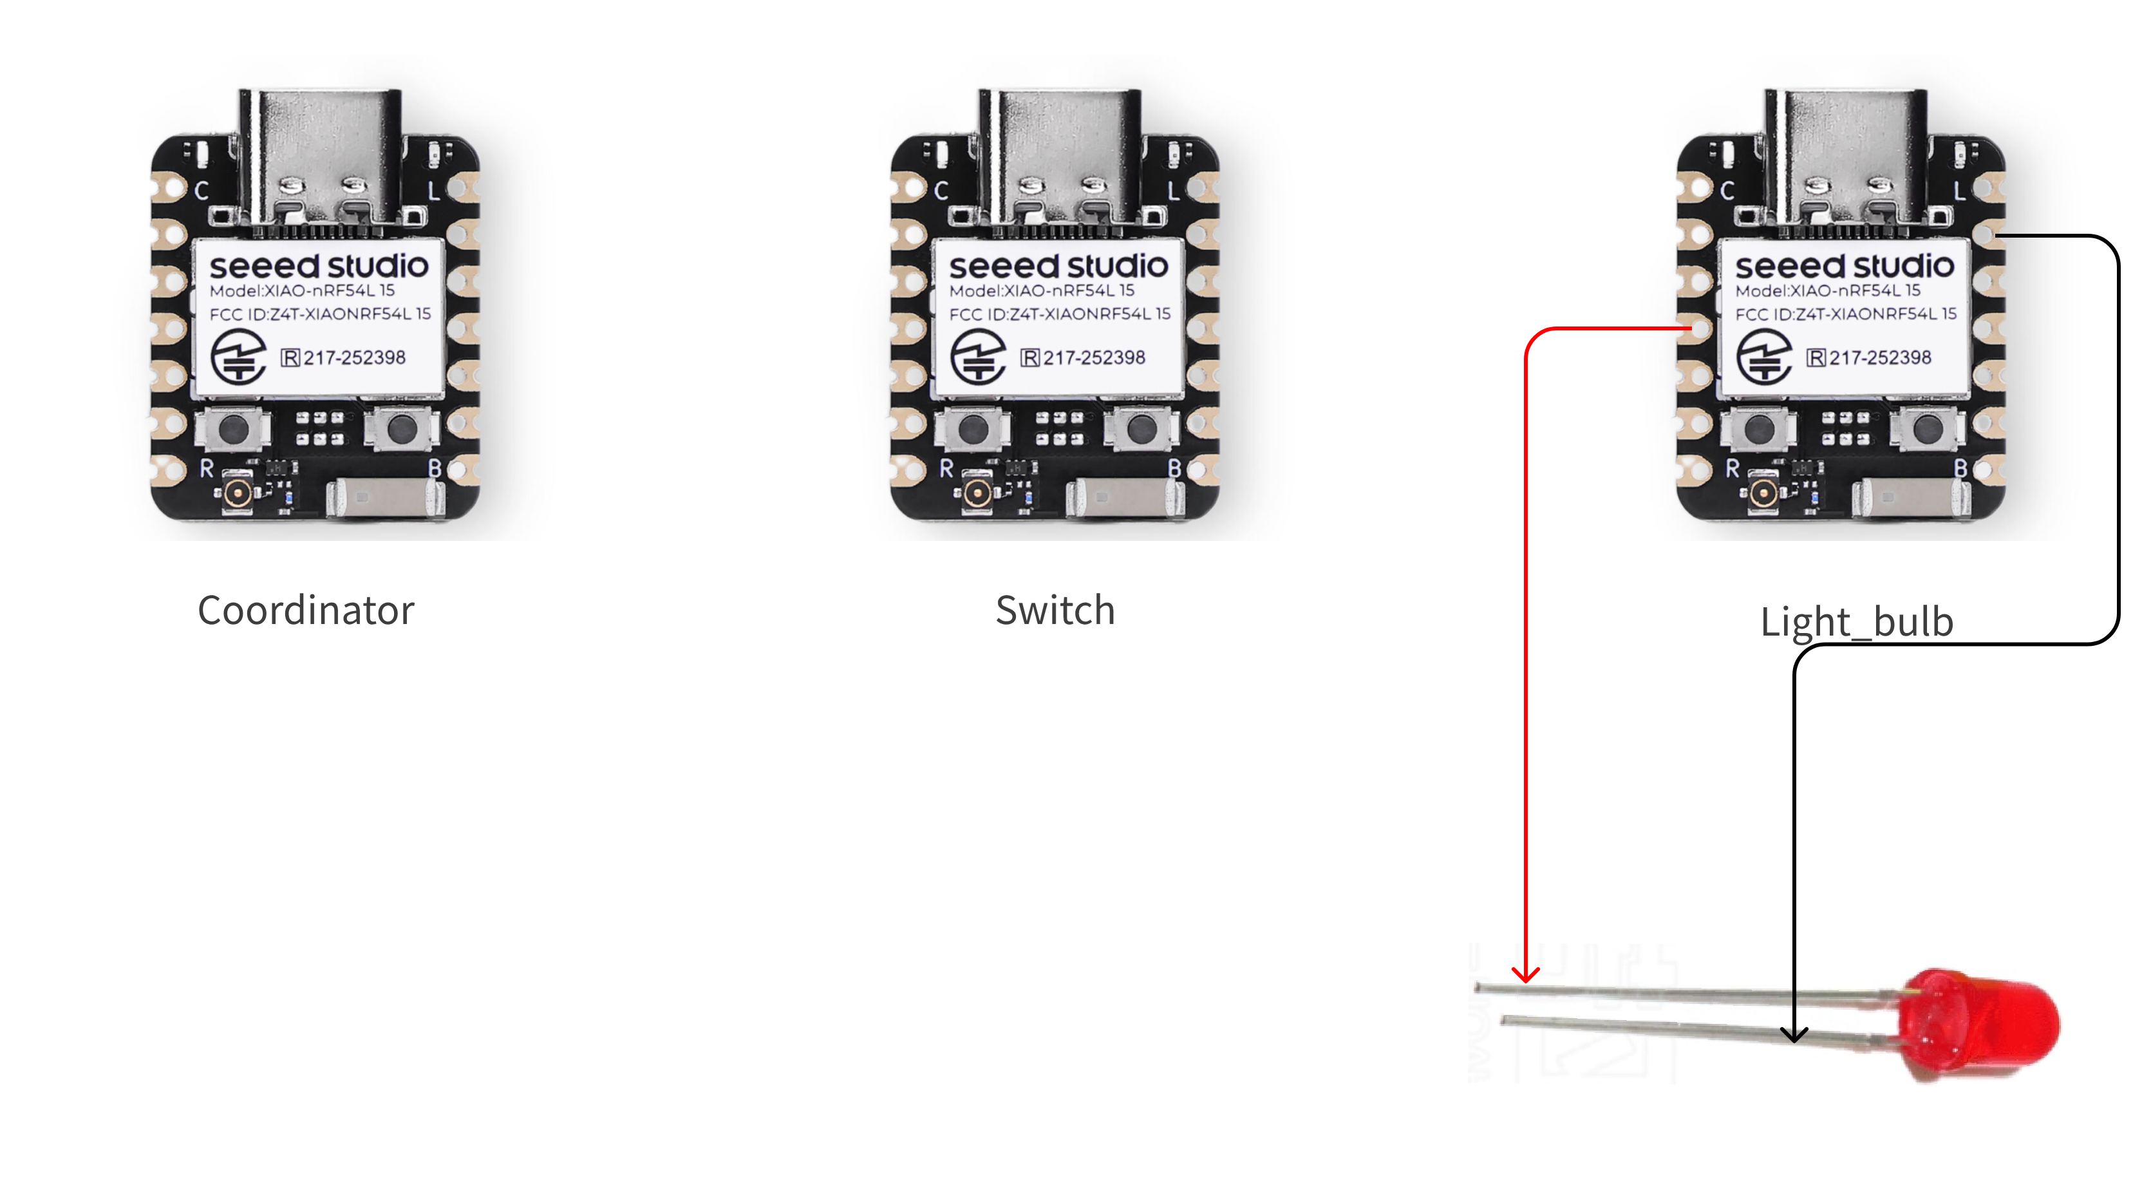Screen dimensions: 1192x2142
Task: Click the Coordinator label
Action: pyautogui.click(x=305, y=610)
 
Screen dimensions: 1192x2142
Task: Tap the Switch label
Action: pyautogui.click(x=1055, y=610)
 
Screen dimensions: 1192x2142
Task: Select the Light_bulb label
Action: pyautogui.click(x=1856, y=621)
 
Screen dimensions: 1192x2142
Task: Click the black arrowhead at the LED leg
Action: pyautogui.click(x=1794, y=1034)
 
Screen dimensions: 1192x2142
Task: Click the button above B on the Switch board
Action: pyautogui.click(x=1141, y=430)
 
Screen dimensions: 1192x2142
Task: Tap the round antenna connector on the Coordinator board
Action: pyautogui.click(x=238, y=493)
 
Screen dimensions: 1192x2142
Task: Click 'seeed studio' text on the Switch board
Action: pyautogui.click(x=1058, y=266)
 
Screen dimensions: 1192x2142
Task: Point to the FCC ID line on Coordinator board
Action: pyautogui.click(x=320, y=314)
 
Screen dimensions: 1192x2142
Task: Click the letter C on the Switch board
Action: pyautogui.click(x=941, y=191)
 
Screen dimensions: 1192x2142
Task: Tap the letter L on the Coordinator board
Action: pyautogui.click(x=433, y=191)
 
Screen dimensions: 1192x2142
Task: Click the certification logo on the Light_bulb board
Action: pyautogui.click(x=1763, y=356)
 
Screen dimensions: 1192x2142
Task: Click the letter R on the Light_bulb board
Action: pyautogui.click(x=1732, y=468)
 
